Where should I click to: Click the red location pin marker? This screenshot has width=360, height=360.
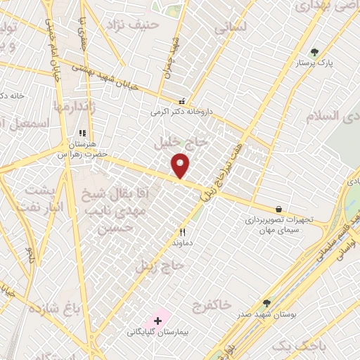(x=181, y=165)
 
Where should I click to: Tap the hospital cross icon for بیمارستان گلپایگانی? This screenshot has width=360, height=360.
(x=157, y=321)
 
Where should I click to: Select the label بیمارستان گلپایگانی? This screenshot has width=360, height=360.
(x=157, y=332)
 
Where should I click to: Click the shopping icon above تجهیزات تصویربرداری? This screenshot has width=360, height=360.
(x=279, y=209)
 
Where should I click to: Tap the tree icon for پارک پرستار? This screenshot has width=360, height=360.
(x=314, y=51)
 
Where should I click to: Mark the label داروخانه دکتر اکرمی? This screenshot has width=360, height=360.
(x=180, y=111)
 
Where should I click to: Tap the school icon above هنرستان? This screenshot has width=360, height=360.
(x=82, y=132)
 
